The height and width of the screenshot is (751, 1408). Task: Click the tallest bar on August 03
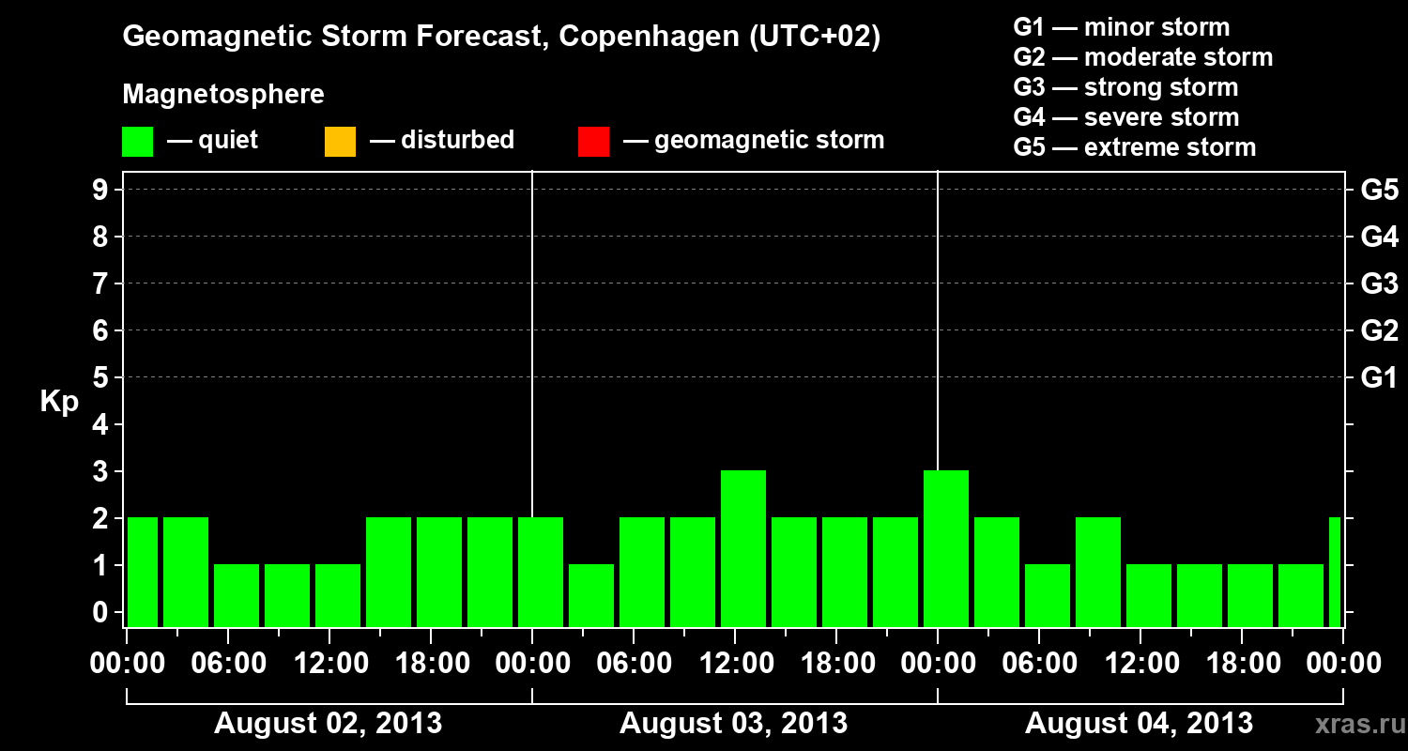click(x=743, y=548)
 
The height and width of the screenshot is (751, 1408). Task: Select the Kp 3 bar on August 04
click(x=946, y=548)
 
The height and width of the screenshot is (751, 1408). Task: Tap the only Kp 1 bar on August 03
click(x=591, y=595)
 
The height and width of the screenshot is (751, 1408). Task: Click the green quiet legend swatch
click(x=138, y=141)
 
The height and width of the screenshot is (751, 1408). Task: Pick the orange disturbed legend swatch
click(x=340, y=141)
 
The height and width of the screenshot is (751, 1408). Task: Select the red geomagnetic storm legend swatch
click(x=593, y=141)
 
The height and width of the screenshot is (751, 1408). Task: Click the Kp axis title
click(x=59, y=402)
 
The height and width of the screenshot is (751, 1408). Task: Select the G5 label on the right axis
click(x=1379, y=190)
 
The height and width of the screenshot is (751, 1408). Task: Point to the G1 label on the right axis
click(x=1379, y=377)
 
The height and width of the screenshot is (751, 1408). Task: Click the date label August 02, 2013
click(x=329, y=723)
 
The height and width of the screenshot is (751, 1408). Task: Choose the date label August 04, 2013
click(x=1139, y=723)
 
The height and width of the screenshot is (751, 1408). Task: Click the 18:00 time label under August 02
click(x=431, y=663)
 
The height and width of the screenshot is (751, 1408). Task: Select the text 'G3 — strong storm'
click(x=1125, y=87)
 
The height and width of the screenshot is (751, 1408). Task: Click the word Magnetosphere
click(x=223, y=95)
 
